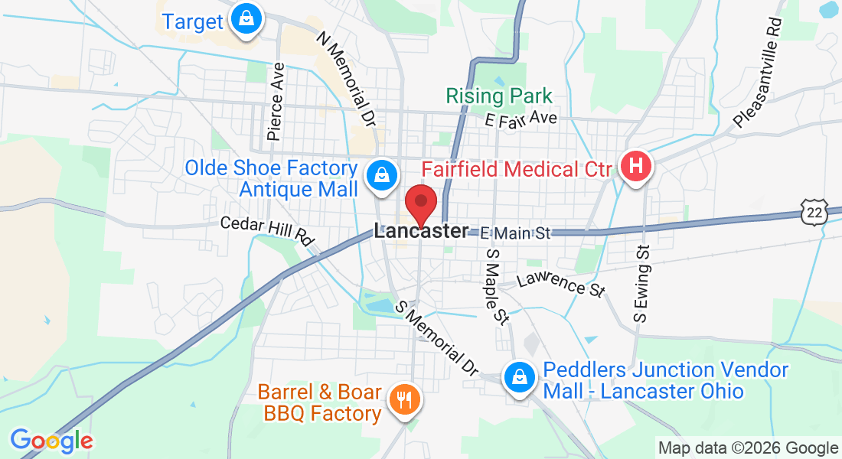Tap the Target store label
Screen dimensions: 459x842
(192, 21)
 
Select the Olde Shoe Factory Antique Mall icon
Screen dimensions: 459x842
(380, 175)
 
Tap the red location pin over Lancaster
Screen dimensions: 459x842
(420, 203)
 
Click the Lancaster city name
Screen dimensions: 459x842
(421, 231)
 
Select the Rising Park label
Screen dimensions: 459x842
(498, 96)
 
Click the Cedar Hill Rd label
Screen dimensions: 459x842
(268, 229)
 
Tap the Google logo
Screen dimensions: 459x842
(51, 441)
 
